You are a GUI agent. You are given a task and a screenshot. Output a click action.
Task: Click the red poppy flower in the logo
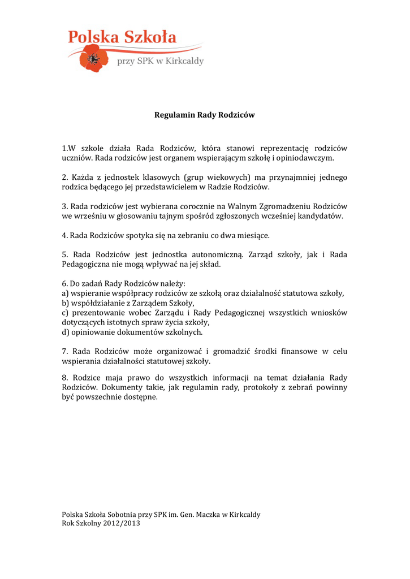tap(91, 59)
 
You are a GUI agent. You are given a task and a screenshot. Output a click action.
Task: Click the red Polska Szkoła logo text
tap(122, 38)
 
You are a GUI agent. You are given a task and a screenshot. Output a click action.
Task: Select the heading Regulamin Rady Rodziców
tap(205, 115)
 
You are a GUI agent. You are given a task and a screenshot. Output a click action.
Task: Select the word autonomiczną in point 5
tap(215, 254)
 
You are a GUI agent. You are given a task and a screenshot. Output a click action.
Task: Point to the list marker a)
tap(65, 293)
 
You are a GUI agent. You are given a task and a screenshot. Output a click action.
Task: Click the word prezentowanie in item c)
tap(97, 313)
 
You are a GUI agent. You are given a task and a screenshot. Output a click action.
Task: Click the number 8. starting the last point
tap(65, 378)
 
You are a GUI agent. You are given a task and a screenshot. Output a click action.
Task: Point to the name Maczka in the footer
tap(208, 515)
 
